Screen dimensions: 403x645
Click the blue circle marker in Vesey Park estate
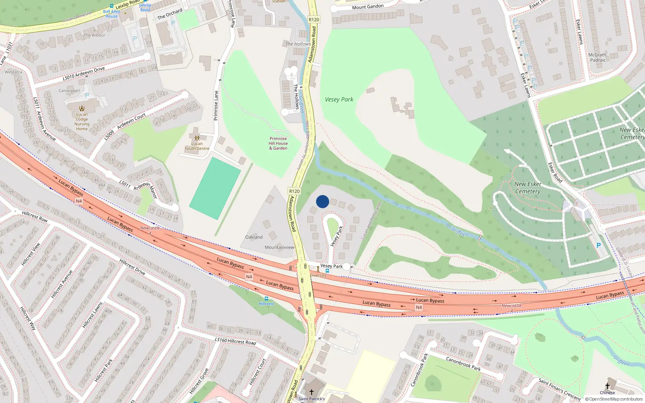(322, 201)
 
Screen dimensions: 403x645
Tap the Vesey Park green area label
(339, 100)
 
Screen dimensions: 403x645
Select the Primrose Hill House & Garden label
(278, 143)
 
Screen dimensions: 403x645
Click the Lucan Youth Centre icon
(197, 138)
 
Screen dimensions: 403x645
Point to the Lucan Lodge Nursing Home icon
(82, 108)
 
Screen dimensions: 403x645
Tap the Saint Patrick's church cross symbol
(311, 392)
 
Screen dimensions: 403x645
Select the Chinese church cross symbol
(608, 386)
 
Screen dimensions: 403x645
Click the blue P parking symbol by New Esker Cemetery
(599, 245)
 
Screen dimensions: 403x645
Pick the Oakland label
(254, 237)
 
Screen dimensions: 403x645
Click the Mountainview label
(279, 247)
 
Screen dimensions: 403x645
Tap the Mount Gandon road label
(368, 7)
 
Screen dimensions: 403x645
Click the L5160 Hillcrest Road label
(235, 341)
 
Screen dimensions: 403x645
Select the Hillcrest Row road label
(35, 216)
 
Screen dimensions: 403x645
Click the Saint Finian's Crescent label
(560, 388)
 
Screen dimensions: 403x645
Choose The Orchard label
(170, 14)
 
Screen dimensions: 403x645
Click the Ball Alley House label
(111, 14)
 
